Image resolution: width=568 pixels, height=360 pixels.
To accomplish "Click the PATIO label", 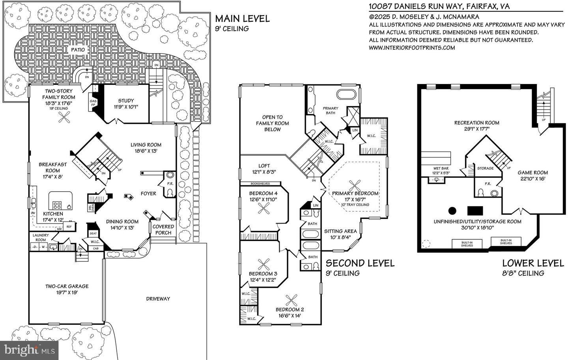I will (x=78, y=50).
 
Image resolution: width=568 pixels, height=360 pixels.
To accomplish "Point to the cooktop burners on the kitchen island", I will (x=57, y=205).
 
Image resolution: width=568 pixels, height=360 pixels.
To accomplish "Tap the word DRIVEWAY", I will (x=158, y=298).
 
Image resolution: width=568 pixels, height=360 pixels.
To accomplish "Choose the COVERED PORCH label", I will (x=163, y=229).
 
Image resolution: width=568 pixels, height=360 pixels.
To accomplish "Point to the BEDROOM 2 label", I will (x=290, y=312).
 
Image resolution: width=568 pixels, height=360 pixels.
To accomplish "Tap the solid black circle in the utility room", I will (x=452, y=210).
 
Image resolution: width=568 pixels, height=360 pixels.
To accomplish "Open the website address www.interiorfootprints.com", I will (x=412, y=48).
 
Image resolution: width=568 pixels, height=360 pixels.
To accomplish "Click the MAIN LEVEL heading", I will (x=242, y=19).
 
